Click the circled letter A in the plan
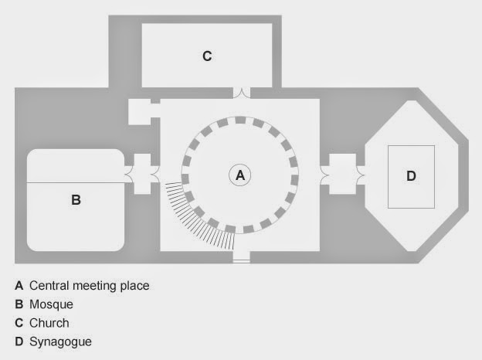(240, 176)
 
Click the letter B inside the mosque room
(76, 200)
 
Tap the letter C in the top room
(207, 56)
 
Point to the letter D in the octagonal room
(411, 176)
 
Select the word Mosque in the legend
(51, 304)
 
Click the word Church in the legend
(49, 323)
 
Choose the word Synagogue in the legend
(60, 341)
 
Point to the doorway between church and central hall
(241, 93)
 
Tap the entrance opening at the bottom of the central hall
(242, 258)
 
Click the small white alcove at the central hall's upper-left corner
(143, 112)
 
